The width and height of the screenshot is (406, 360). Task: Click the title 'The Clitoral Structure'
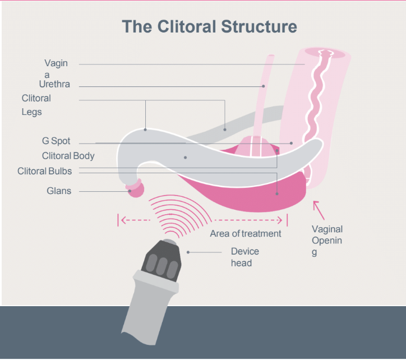(209, 26)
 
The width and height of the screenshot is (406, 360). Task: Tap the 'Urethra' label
(54, 84)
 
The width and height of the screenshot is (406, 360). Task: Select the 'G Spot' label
(56, 141)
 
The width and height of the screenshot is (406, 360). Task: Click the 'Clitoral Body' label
(68, 156)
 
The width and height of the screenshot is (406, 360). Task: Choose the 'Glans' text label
(59, 191)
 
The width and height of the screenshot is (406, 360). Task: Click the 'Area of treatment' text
(245, 233)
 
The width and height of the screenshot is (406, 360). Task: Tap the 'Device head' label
(244, 257)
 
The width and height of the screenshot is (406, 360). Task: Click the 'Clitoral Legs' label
(36, 105)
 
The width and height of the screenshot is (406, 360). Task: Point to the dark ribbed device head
(163, 259)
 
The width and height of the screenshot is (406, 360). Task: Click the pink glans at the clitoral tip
(136, 189)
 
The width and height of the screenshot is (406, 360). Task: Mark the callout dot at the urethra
(263, 86)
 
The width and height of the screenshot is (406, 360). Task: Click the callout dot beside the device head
(188, 252)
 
